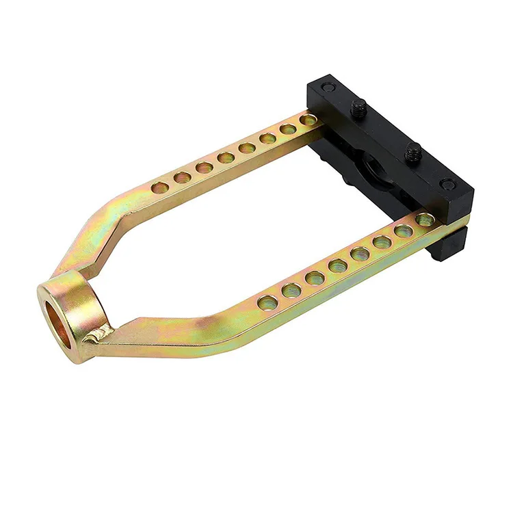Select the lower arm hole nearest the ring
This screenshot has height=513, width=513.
tap(268, 302)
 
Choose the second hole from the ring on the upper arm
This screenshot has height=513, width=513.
tap(182, 177)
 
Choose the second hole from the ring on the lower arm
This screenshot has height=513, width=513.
tap(291, 289)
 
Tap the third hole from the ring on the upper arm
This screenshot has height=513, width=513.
tap(204, 167)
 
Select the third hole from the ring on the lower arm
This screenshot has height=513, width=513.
tap(315, 278)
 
